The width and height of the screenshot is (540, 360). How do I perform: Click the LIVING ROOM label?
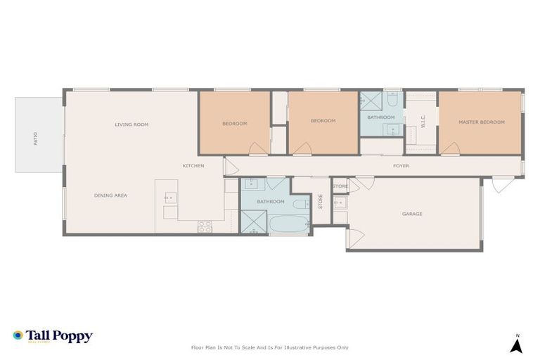tap(131, 124)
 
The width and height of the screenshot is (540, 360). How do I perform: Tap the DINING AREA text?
tap(110, 195)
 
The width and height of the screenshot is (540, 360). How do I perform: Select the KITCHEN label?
tap(193, 166)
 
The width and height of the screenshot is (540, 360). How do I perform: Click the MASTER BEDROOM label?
tap(482, 122)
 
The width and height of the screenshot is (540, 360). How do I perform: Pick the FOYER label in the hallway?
tap(401, 166)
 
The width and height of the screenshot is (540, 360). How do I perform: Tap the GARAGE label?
tap(412, 214)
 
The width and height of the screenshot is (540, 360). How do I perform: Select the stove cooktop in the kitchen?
tap(205, 226)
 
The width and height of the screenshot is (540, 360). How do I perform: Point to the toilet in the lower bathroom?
tap(299, 205)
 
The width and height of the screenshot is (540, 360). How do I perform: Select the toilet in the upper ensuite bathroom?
tap(391, 101)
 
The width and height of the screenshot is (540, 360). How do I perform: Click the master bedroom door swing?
tap(450, 149)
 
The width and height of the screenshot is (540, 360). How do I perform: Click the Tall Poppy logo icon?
tap(18, 335)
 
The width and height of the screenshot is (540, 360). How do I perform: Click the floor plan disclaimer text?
tap(270, 347)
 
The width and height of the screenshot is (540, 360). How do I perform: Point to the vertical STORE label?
tap(321, 202)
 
